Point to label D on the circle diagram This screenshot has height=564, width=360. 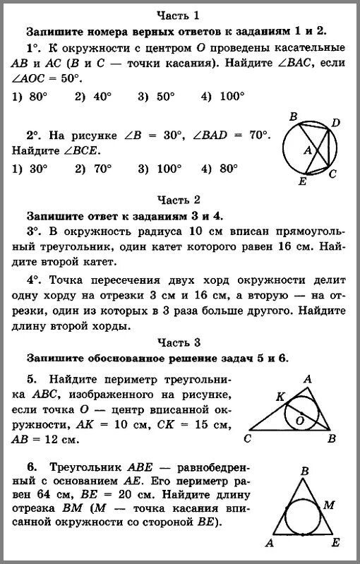pyautogui.click(x=336, y=124)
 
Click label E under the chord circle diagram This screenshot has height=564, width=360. pyautogui.click(x=302, y=181)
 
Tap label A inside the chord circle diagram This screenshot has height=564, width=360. pyautogui.click(x=308, y=150)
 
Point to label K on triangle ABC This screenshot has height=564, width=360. pyautogui.click(x=280, y=396)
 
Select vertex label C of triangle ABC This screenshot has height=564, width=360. pyautogui.click(x=248, y=439)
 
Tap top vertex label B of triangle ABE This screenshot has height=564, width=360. pyautogui.click(x=304, y=471)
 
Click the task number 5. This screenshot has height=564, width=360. pyautogui.click(x=32, y=378)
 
